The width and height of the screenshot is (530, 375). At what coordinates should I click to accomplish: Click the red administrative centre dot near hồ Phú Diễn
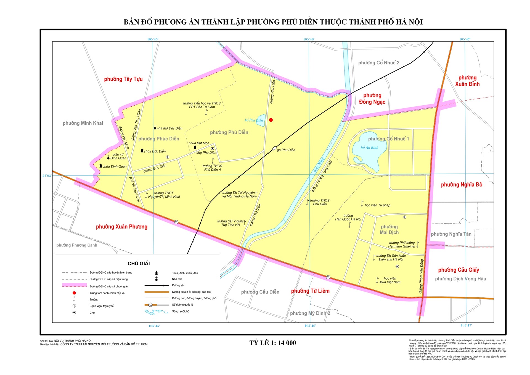(x=271, y=120)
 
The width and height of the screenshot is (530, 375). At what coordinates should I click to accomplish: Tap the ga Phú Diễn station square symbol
(x=274, y=148)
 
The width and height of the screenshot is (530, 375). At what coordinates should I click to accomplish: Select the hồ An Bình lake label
(x=369, y=148)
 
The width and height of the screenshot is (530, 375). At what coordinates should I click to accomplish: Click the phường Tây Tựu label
(x=123, y=79)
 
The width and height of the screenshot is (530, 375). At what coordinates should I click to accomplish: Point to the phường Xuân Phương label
(x=121, y=227)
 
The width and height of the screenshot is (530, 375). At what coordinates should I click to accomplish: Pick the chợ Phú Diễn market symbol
(x=212, y=149)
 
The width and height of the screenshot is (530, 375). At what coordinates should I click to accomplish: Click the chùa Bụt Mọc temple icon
(x=195, y=147)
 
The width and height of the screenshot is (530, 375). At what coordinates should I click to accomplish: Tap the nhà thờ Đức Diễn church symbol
(x=155, y=128)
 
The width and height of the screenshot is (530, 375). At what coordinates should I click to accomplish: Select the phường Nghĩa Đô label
(x=462, y=185)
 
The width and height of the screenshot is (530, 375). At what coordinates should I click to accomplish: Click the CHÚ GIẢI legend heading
(x=139, y=263)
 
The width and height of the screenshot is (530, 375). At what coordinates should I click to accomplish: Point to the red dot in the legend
(x=74, y=293)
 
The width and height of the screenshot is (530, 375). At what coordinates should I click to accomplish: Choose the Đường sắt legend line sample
(x=157, y=285)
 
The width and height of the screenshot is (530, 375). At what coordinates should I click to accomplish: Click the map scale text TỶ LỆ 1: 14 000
(x=273, y=343)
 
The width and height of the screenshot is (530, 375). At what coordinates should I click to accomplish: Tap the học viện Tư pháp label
(x=377, y=205)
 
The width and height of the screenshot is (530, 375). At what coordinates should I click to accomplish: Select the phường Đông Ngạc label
(x=372, y=99)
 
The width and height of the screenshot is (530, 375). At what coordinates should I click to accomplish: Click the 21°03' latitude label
(x=47, y=176)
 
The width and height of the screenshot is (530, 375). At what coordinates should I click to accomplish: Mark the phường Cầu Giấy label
(x=459, y=270)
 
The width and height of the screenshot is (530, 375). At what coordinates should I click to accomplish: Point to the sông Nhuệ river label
(x=319, y=165)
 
